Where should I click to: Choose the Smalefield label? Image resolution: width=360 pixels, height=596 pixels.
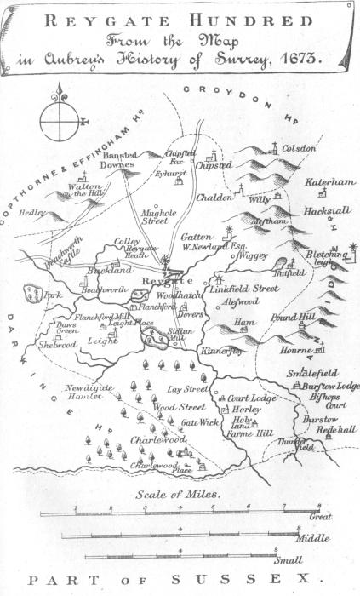(x=307, y=372)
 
